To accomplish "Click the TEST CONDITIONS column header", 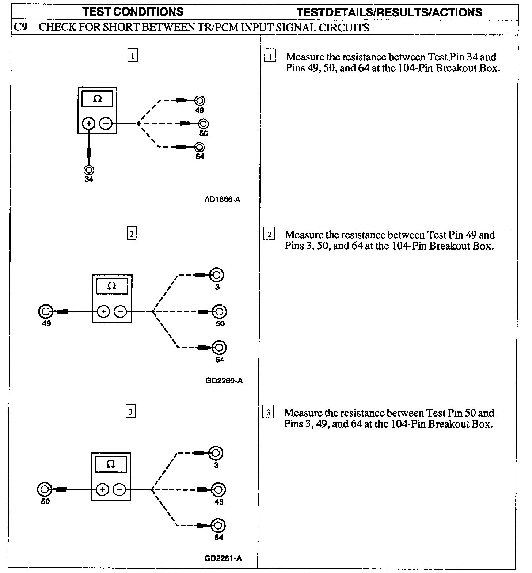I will (x=133, y=12).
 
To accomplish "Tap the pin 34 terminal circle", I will (x=89, y=170).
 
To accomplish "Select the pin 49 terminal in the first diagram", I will (x=199, y=100).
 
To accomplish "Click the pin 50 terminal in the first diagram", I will (x=204, y=124).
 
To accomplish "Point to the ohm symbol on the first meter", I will (x=97, y=99).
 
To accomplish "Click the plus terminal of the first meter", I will (x=89, y=124).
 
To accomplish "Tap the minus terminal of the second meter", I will (x=120, y=312).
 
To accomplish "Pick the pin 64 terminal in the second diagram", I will (x=219, y=347).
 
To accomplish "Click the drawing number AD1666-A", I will (x=223, y=200).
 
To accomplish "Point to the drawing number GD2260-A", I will (x=224, y=381).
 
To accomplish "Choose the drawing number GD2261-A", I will (x=223, y=558).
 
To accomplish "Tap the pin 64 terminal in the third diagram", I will (x=218, y=525).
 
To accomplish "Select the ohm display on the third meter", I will (x=111, y=464).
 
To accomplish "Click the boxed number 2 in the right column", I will (x=269, y=234).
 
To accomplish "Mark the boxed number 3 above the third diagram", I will (x=130, y=412).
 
